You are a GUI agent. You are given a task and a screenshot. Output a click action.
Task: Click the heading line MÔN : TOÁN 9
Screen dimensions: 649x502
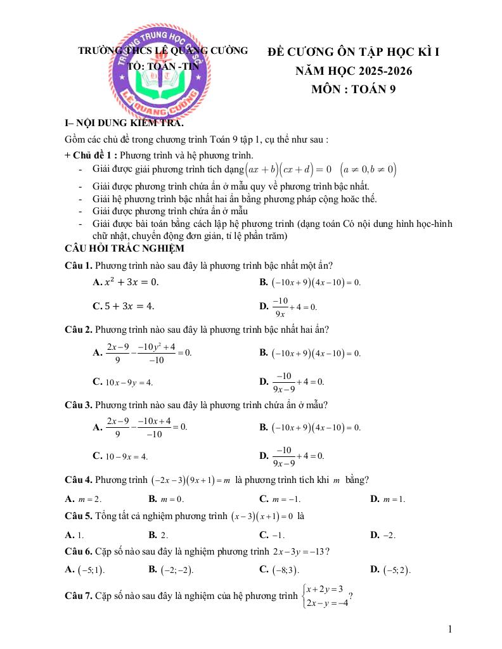353,89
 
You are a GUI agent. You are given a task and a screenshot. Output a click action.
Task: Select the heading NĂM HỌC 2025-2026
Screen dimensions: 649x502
353,71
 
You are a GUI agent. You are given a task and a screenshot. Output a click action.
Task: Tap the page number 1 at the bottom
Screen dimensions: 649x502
449,629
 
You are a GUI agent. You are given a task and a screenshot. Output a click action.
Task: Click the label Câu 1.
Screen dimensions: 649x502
79,265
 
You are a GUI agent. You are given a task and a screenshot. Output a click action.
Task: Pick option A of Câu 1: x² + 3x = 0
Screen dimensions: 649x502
125,281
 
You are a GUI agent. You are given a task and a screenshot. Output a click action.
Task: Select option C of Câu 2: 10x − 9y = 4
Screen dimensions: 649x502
123,382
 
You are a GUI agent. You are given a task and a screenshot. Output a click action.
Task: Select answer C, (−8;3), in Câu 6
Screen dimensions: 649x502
279,570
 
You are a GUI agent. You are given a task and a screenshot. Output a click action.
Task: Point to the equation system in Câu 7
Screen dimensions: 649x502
325,596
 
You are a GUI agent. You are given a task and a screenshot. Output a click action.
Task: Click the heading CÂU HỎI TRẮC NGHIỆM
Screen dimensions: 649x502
124,248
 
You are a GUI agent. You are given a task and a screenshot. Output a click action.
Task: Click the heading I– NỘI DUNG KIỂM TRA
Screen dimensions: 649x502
124,124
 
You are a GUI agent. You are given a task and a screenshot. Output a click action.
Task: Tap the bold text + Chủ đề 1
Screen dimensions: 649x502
91,155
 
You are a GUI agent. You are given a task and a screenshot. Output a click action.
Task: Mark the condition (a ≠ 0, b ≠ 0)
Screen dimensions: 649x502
368,169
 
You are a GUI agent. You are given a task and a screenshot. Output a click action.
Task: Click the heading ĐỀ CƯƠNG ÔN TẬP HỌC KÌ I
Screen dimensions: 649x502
353,52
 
